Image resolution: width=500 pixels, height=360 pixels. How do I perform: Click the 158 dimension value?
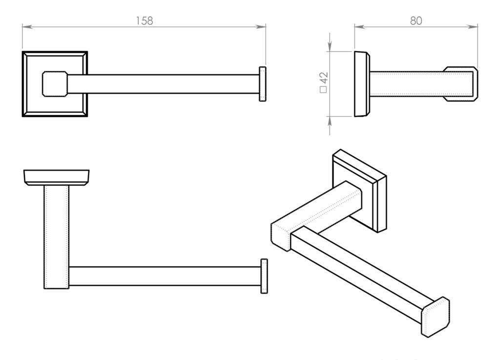click(145, 21)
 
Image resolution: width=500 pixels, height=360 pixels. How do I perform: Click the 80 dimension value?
click(416, 21)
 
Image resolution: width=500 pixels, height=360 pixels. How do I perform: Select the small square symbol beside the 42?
click(323, 89)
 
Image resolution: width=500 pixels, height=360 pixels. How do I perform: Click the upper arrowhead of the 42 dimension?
click(330, 46)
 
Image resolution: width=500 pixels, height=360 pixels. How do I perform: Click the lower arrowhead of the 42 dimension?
click(330, 122)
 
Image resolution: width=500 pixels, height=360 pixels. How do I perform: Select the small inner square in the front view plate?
click(55, 84)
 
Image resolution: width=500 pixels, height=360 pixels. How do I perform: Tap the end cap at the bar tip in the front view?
click(262, 84)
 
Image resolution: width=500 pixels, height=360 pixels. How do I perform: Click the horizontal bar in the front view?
click(163, 84)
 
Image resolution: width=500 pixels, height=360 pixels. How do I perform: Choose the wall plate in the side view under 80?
click(362, 84)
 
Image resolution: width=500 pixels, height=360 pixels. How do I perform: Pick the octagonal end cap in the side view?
click(460, 84)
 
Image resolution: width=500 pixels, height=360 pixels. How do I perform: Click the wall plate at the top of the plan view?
click(57, 177)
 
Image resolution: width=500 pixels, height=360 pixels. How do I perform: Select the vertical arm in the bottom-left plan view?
click(57, 237)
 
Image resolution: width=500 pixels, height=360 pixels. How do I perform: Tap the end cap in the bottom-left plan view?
click(264, 276)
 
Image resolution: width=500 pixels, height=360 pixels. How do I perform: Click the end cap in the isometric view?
click(435, 317)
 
